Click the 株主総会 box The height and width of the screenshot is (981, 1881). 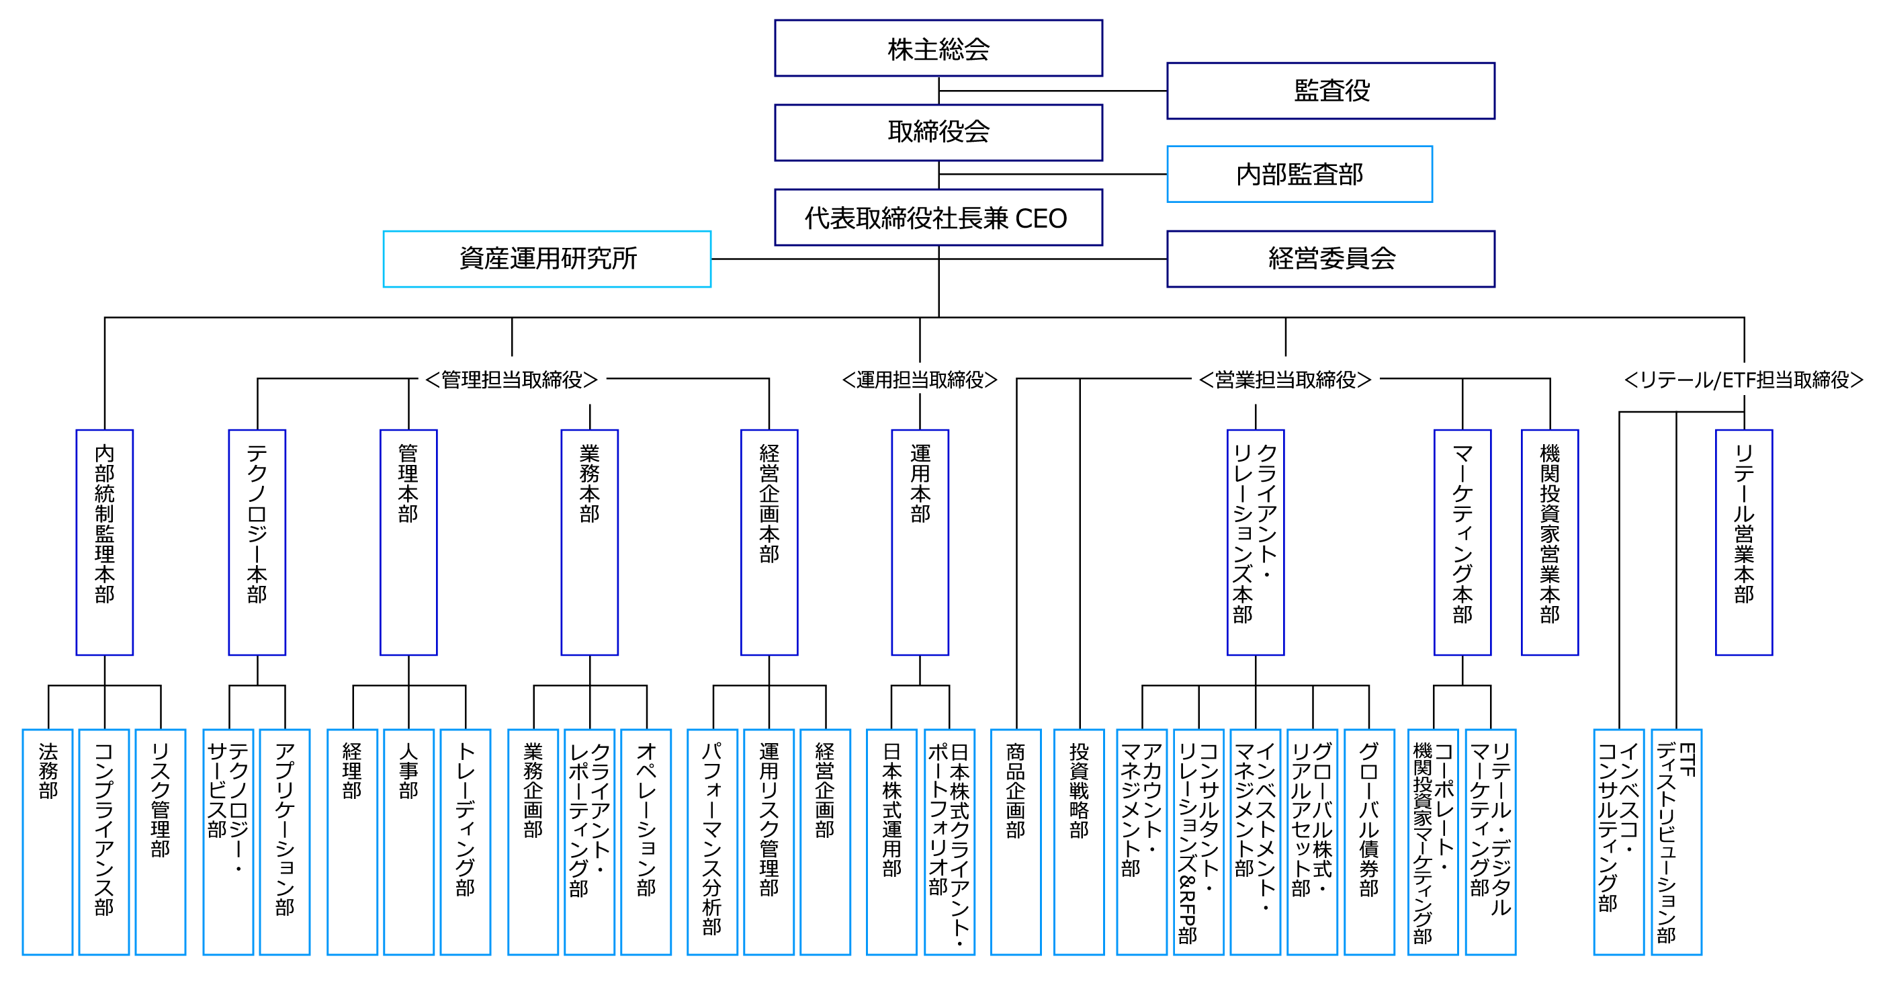click(x=938, y=48)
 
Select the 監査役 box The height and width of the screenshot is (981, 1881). click(x=1330, y=91)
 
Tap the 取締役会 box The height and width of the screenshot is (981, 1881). click(x=938, y=132)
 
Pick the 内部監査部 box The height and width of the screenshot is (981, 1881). click(x=1299, y=174)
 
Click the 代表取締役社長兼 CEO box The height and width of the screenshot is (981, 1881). click(x=938, y=217)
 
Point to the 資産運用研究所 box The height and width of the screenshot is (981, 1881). click(x=547, y=259)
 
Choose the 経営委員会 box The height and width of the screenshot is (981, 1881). click(x=1330, y=259)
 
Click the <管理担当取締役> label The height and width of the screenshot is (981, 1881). click(x=512, y=379)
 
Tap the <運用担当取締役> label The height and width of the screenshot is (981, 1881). click(x=919, y=379)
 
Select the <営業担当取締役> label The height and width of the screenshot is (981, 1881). click(x=1285, y=379)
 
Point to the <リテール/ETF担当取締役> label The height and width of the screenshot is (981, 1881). click(x=1744, y=379)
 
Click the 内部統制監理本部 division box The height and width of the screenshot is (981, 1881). click(x=104, y=542)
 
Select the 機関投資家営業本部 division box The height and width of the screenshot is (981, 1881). click(x=1550, y=542)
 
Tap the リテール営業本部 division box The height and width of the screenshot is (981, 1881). click(x=1744, y=542)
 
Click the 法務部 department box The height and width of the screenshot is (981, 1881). click(x=48, y=841)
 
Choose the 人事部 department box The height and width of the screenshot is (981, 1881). click(x=408, y=841)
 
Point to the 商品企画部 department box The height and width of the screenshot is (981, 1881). click(x=1016, y=841)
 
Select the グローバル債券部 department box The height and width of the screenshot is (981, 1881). click(x=1369, y=841)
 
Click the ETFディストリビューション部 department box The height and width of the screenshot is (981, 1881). click(x=1677, y=841)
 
